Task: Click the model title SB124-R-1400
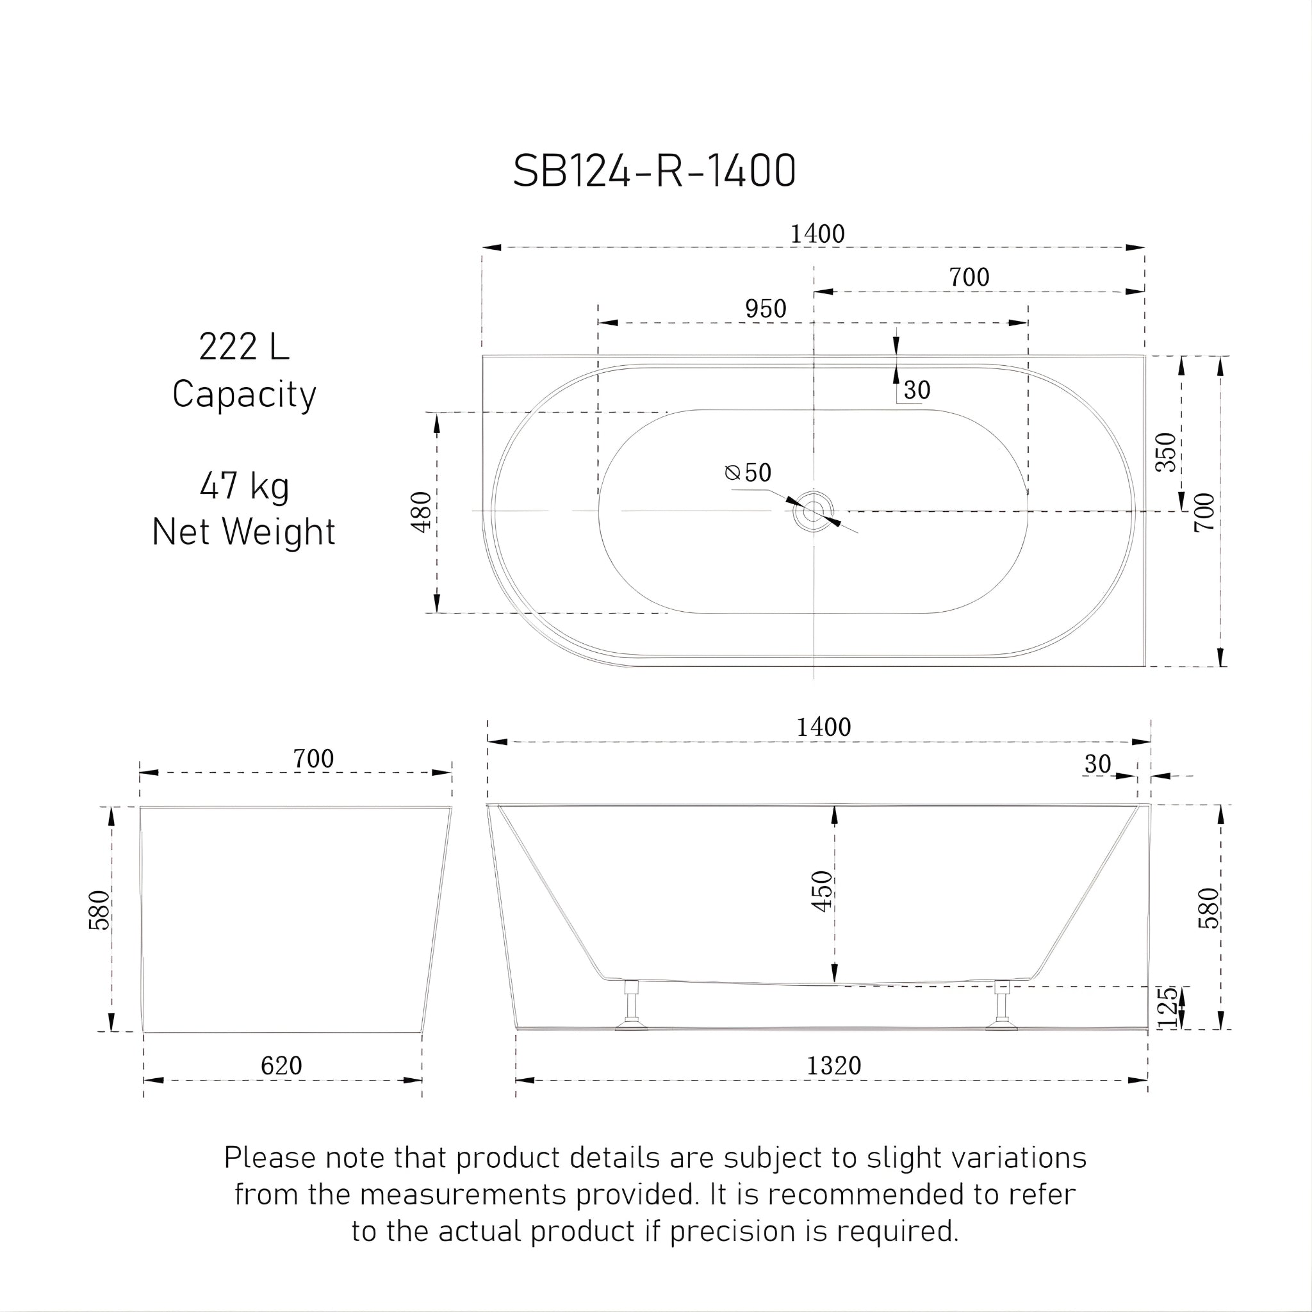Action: (x=654, y=170)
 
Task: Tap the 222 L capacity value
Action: (x=244, y=347)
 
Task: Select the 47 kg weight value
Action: (x=245, y=486)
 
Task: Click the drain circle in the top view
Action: (x=813, y=511)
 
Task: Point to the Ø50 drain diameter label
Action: (x=748, y=473)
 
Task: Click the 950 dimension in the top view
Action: (x=766, y=309)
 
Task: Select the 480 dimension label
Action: (x=422, y=512)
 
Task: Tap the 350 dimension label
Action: (x=1166, y=452)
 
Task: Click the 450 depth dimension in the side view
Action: (x=823, y=891)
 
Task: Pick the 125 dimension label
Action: (x=1167, y=1007)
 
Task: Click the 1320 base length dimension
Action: (x=833, y=1065)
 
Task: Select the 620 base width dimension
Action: (x=281, y=1065)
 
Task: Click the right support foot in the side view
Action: (x=1002, y=1005)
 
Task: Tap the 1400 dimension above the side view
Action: (x=823, y=727)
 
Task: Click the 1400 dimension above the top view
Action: (x=817, y=234)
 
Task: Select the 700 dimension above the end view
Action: (x=313, y=758)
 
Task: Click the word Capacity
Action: (x=244, y=395)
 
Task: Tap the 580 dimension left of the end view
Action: (x=100, y=909)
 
